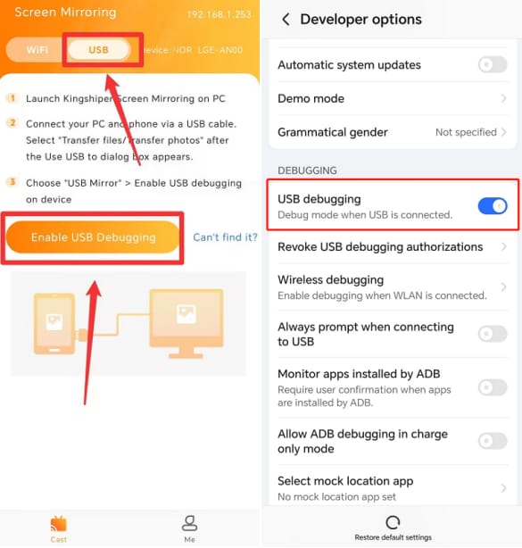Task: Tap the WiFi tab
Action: click(x=37, y=50)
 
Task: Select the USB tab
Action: click(x=98, y=50)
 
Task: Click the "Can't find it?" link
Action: click(x=225, y=237)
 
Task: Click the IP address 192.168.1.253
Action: click(x=219, y=15)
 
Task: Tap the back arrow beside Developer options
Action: click(x=286, y=20)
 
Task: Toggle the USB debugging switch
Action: click(x=493, y=206)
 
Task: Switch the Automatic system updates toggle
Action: click(x=493, y=64)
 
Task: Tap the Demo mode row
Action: click(x=393, y=98)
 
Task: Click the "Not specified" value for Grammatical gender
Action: click(x=466, y=132)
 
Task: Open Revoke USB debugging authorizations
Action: click(x=393, y=247)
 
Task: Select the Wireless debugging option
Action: click(x=393, y=286)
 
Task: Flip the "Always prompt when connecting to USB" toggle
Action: click(x=493, y=334)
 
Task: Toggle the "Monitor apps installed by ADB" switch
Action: click(x=493, y=387)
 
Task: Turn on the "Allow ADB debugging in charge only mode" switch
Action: click(x=493, y=441)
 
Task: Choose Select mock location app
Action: click(x=393, y=487)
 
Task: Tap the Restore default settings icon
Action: click(x=393, y=523)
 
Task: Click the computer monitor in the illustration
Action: click(x=186, y=319)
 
